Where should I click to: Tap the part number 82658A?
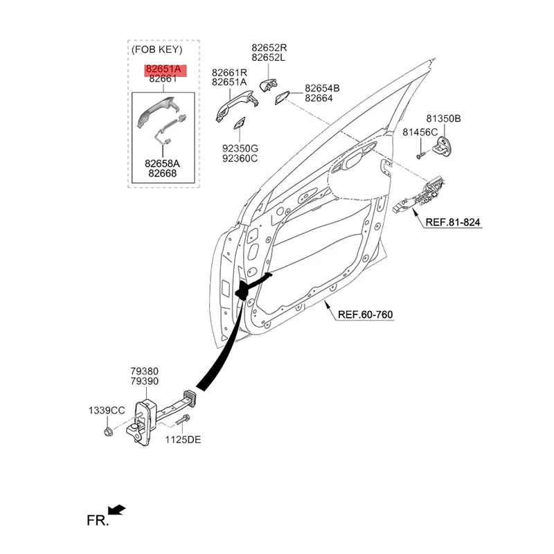tap(162, 163)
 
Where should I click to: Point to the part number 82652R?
tap(269, 48)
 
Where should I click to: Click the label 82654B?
tap(322, 89)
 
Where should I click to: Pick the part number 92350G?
tap(240, 148)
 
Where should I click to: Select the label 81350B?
tap(443, 119)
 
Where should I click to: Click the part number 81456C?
tap(420, 132)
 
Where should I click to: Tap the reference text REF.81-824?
tap(452, 222)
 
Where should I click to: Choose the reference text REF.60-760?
tap(365, 315)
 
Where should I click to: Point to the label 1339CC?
tap(106, 411)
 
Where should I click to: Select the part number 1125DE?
tap(183, 439)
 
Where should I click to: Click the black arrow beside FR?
tap(118, 510)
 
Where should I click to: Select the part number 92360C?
tap(240, 159)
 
